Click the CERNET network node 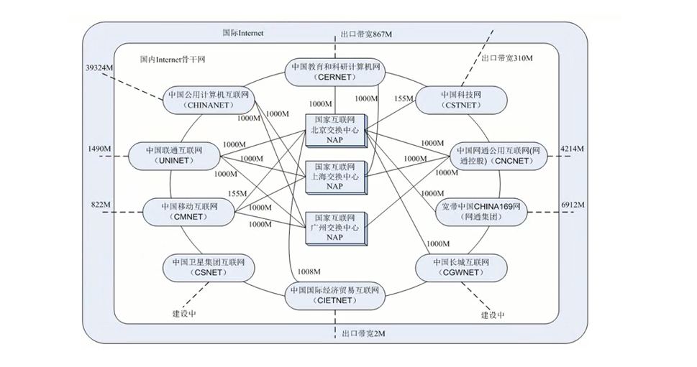[x=336, y=71]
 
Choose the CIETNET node [x=335, y=295]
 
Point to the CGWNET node [x=460, y=267]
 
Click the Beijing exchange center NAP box [x=334, y=131]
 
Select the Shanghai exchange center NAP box [x=334, y=177]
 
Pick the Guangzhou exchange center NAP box [x=334, y=226]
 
